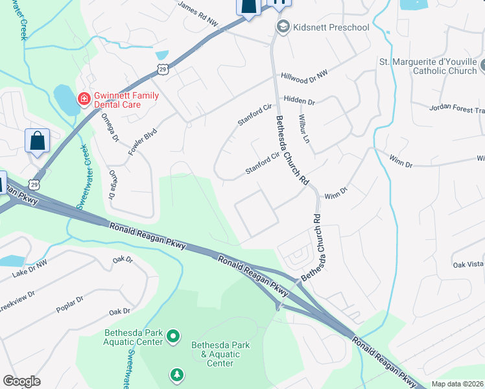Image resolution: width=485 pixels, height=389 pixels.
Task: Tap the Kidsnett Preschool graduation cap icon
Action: (x=282, y=27)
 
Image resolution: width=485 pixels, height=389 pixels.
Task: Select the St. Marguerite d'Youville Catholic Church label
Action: (x=427, y=67)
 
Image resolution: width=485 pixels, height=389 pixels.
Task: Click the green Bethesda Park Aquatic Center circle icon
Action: (x=172, y=335)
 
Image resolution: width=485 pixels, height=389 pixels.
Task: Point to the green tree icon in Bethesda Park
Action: (x=176, y=375)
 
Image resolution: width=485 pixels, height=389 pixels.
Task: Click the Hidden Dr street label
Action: (x=299, y=102)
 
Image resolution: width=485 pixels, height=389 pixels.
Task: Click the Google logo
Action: (x=21, y=381)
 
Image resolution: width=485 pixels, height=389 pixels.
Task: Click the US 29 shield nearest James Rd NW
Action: (x=162, y=69)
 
